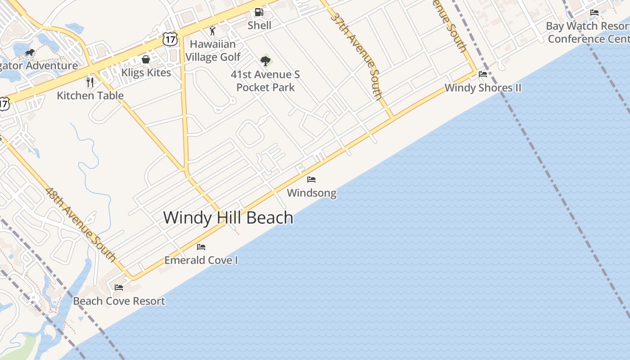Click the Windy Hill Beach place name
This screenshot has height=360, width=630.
click(x=228, y=218)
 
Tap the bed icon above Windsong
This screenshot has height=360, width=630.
click(x=311, y=180)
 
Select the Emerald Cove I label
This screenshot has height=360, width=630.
click(x=201, y=260)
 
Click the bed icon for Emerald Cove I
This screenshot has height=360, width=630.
click(x=201, y=247)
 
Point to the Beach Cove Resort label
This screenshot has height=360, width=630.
click(x=119, y=301)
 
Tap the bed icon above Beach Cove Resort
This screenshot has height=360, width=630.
click(x=119, y=287)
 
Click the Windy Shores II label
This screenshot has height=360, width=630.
click(x=483, y=88)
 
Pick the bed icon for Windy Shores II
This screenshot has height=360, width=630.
click(x=483, y=74)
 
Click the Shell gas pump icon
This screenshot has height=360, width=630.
click(x=259, y=12)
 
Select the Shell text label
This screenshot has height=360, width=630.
click(x=260, y=26)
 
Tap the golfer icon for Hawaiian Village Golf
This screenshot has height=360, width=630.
click(x=212, y=31)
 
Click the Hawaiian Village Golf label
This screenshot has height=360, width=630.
click(x=213, y=50)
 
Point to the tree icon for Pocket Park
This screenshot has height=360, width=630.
click(x=265, y=61)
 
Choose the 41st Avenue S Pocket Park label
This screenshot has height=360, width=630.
click(x=265, y=81)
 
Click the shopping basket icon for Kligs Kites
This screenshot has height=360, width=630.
click(x=146, y=59)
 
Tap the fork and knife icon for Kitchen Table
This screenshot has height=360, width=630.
click(x=90, y=82)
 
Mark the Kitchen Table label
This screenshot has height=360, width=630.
click(x=90, y=95)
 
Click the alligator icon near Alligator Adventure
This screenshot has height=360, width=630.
click(x=30, y=53)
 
